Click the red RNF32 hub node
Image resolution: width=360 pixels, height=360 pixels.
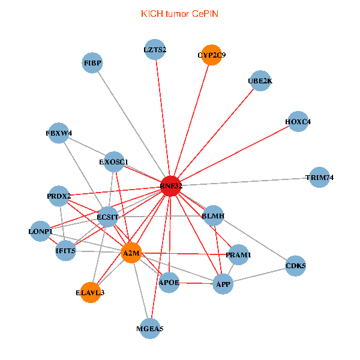tap(171, 186)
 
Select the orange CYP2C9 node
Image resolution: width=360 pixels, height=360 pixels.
tap(211, 55)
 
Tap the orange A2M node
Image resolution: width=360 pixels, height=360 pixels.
tap(131, 254)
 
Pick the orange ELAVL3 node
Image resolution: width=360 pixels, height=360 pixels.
tap(91, 292)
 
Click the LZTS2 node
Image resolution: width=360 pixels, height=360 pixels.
tap(155, 49)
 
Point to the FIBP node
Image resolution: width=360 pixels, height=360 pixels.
tap(93, 63)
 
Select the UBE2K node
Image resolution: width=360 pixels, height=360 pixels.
tap(260, 80)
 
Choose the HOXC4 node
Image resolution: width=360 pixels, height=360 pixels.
tap(298, 122)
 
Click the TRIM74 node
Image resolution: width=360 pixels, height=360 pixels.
tap(319, 178)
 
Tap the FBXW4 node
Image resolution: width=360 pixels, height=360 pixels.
tap(59, 133)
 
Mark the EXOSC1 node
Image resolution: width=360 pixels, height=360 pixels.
tap(114, 161)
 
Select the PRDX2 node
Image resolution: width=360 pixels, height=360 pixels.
tap(59, 196)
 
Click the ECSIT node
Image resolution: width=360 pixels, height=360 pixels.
tap(108, 216)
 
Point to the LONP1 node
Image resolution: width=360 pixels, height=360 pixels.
tap(41, 231)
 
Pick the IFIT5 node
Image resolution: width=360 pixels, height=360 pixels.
tap(65, 251)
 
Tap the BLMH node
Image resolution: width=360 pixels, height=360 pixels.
tap(213, 215)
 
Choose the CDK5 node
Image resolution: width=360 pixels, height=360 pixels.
tap(296, 265)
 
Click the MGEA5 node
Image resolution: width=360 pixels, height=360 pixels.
tap(149, 328)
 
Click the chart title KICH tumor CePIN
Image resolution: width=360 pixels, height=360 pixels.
tap(179, 13)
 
